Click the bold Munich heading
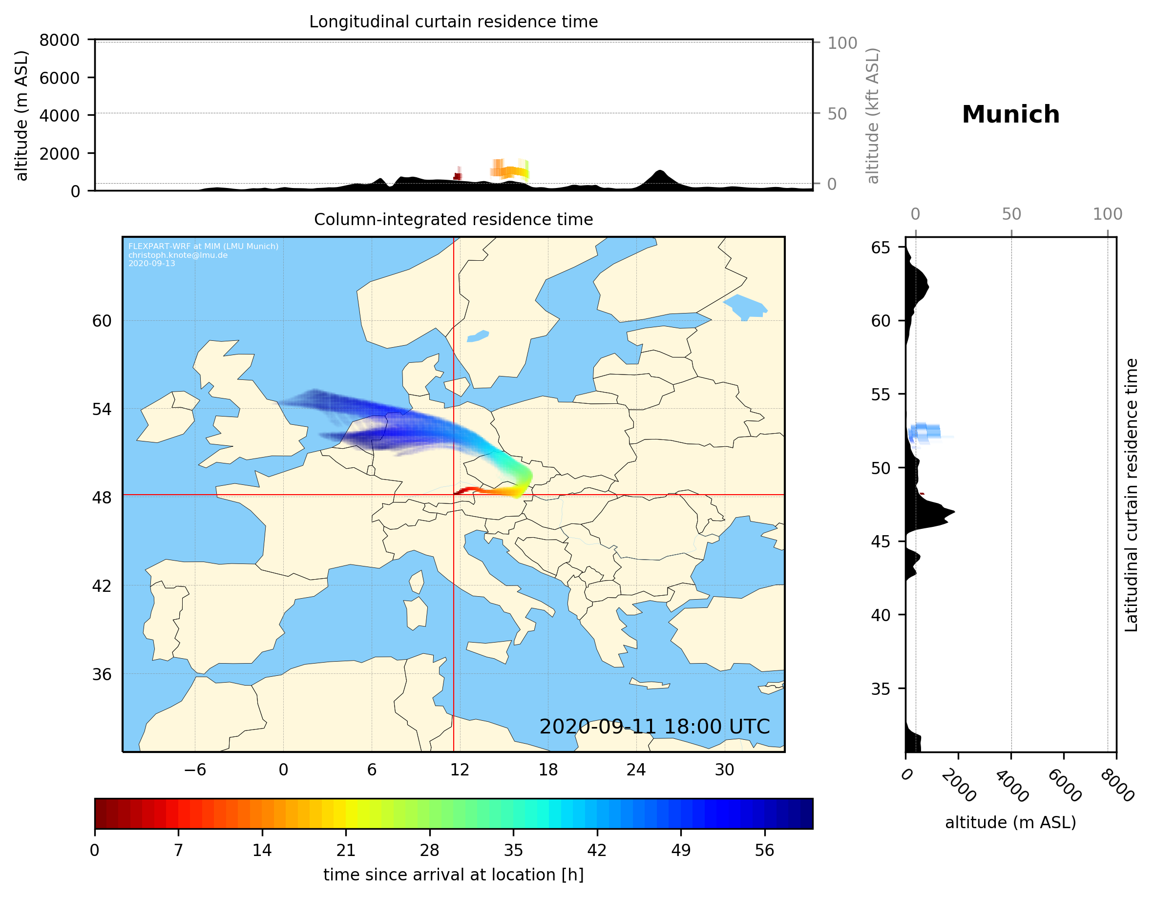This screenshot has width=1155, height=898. point(1010,115)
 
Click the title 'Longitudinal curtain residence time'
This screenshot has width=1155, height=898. point(453,21)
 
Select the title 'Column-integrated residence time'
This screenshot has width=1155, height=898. point(453,219)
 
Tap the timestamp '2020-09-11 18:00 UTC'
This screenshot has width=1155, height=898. point(654,727)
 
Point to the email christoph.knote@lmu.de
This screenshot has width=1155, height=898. point(178,255)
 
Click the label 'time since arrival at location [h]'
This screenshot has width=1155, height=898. point(453,875)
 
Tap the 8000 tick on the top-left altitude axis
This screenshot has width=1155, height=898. point(59,40)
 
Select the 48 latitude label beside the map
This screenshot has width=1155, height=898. point(102,498)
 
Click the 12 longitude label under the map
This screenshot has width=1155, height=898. point(460,770)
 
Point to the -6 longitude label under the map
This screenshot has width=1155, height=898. point(194,770)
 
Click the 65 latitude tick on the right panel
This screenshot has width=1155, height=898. point(881,248)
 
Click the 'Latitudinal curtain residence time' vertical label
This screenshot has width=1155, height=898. point(1131,495)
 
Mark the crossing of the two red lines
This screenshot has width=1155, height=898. point(454,495)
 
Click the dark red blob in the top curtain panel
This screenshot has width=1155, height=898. point(458,176)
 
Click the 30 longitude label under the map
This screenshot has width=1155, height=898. point(724,770)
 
